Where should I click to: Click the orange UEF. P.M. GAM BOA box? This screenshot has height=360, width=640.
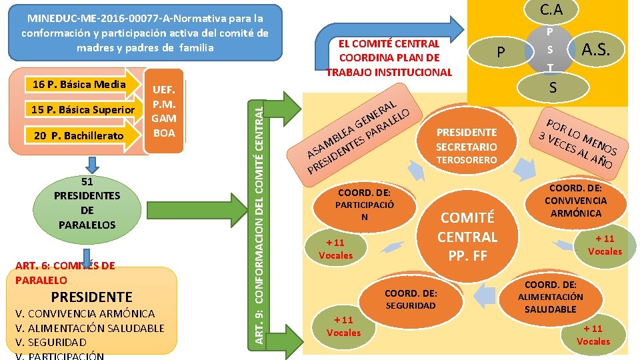(x=164, y=111)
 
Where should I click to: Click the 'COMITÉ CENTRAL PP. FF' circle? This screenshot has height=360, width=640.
(x=467, y=236)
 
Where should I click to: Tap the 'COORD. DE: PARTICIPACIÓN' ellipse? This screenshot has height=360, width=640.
(x=364, y=205)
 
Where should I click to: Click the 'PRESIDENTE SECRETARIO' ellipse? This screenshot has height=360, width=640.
(x=467, y=139)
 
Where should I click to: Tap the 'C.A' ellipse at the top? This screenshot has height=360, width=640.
(x=551, y=10)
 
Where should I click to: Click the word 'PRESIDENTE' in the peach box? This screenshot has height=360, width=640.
(x=91, y=297)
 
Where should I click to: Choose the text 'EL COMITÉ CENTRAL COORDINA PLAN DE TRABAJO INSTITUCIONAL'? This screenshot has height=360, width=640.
(x=389, y=58)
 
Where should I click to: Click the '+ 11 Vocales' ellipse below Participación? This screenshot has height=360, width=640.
(x=336, y=249)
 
